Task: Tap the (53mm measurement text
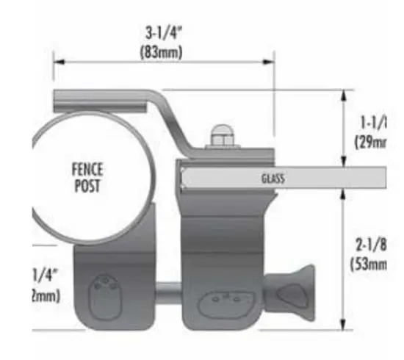pyautogui.click(x=370, y=263)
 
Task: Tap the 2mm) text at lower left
pyautogui.click(x=46, y=295)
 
